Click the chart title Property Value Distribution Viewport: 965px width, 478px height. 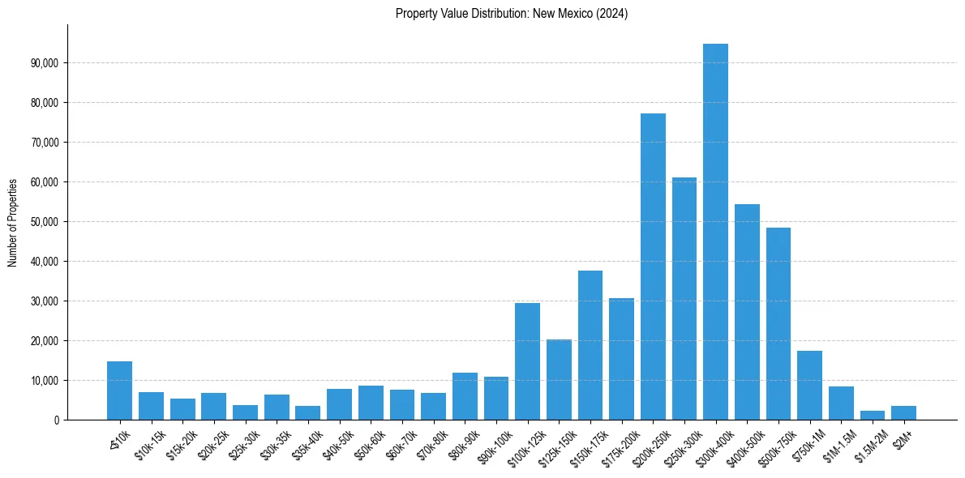tap(512, 14)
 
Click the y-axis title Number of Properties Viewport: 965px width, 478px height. tap(13, 222)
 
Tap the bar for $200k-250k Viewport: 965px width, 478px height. tap(653, 267)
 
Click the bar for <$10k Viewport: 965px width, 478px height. tap(119, 391)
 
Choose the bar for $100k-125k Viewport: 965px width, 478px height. tap(527, 361)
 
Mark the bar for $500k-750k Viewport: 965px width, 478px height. tap(778, 324)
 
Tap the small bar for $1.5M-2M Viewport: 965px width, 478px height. tap(873, 416)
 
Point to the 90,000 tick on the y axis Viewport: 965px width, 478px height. tap(47, 63)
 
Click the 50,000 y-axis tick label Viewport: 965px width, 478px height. tap(47, 222)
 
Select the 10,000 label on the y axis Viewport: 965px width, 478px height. tap(47, 381)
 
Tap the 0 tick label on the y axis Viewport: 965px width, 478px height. tap(57, 420)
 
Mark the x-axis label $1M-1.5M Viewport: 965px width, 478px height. tap(838, 442)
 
